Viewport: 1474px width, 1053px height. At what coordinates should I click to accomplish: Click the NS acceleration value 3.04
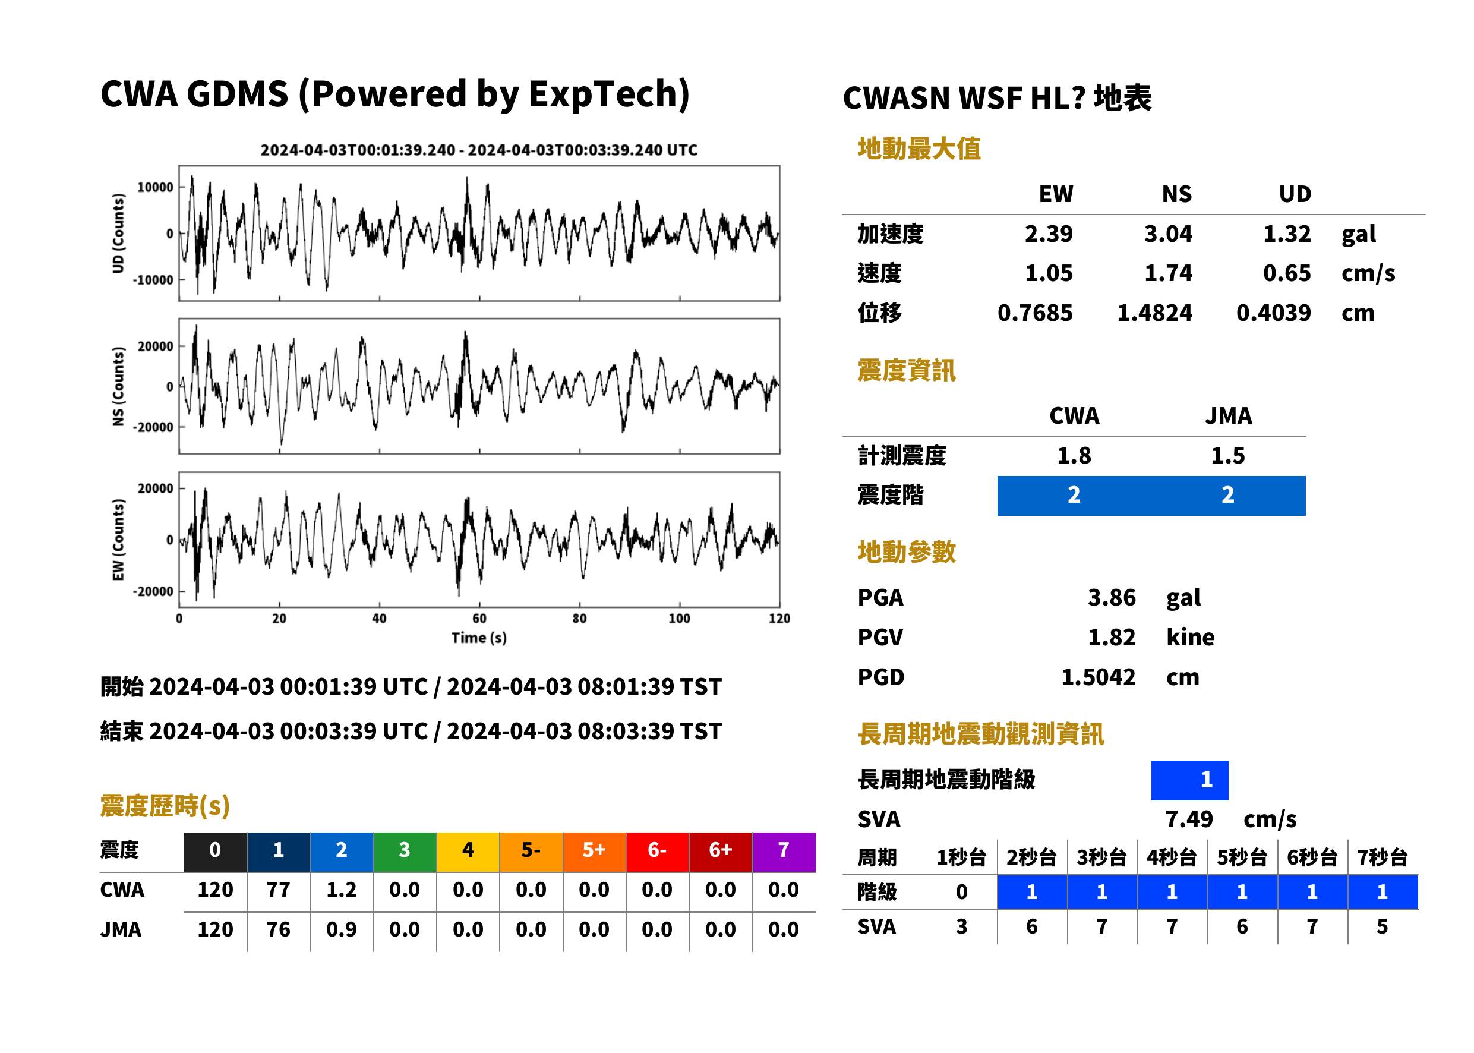1167,234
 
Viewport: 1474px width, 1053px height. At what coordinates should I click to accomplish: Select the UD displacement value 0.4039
1273,313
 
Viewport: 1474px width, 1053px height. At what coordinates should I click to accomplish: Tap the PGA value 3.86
1111,597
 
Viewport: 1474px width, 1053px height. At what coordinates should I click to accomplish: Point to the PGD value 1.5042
1098,677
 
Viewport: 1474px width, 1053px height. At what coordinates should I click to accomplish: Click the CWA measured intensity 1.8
1074,455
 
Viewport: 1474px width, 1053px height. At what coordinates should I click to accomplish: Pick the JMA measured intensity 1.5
1227,455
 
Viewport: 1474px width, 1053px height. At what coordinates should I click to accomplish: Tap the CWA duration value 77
278,890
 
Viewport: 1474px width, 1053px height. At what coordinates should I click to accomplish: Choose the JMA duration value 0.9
341,929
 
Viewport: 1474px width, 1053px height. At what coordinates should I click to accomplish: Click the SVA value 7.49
1188,819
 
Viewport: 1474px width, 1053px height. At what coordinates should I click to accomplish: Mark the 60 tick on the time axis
479,618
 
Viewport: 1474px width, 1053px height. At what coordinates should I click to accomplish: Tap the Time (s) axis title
479,638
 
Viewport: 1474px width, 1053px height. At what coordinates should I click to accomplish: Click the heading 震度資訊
906,370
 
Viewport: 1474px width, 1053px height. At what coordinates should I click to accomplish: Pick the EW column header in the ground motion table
1055,194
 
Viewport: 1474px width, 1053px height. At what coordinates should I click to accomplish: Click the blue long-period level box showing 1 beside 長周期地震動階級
1189,780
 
